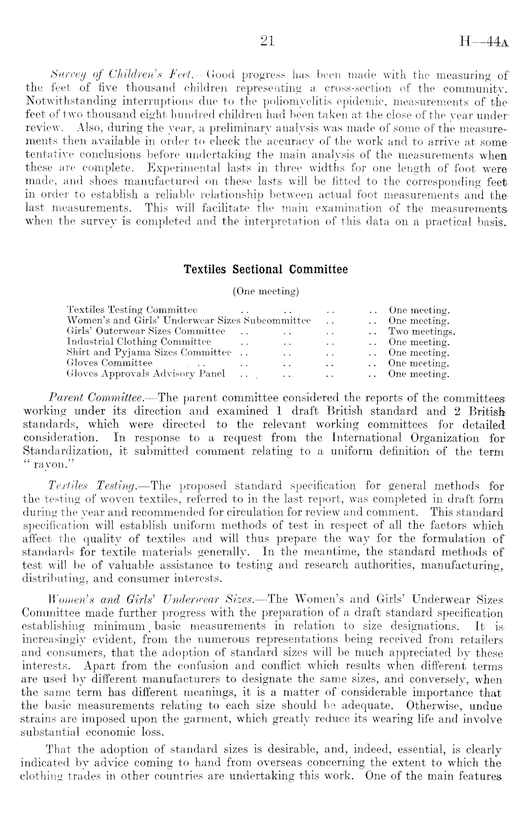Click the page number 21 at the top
pos(267,42)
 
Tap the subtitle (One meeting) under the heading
pos(265,291)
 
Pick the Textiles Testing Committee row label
pos(132,311)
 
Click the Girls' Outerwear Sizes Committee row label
pos(146,331)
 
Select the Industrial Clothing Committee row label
pos(139,342)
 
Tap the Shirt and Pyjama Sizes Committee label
pos(149,353)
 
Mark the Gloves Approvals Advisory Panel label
pos(146,374)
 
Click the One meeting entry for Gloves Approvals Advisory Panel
pos(419,374)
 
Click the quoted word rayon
pos(48,464)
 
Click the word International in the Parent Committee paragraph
pos(364,438)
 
